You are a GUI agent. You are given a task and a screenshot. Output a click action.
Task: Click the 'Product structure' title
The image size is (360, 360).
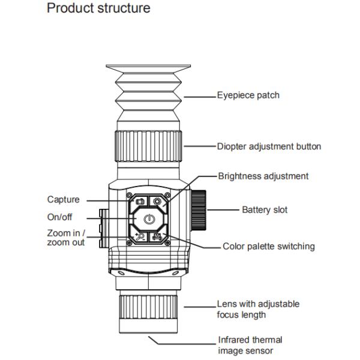coord(98,8)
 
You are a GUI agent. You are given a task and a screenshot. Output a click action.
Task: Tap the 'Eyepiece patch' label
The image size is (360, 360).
coord(248,95)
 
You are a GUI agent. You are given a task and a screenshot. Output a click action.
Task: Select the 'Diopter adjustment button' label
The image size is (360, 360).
coord(269,146)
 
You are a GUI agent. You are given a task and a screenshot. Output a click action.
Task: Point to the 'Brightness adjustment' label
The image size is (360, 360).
coord(263,176)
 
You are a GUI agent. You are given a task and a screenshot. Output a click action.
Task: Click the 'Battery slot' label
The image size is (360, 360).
coord(265,210)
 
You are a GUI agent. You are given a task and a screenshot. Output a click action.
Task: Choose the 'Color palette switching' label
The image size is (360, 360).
coord(269,246)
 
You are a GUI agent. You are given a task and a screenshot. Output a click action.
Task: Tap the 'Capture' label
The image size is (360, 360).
coord(64,199)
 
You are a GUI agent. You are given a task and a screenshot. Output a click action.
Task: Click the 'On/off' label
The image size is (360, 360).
coord(59,217)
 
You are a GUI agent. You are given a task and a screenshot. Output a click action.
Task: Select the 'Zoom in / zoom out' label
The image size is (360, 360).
coord(66,238)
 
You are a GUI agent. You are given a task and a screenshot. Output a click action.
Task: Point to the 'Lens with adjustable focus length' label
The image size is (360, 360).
coord(258,309)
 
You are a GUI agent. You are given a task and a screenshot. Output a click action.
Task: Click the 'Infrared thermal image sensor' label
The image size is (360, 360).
coord(250,345)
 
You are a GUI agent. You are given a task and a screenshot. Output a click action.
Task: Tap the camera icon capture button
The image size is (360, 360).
coord(140,202)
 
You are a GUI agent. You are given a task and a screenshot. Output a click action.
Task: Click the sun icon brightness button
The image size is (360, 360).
coord(157,202)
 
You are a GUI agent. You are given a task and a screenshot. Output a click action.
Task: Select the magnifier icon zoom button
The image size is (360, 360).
coord(140,236)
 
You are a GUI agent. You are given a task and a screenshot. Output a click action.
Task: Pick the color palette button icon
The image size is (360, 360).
coord(157,237)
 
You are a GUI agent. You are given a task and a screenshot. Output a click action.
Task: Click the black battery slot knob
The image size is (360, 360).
coord(199,210)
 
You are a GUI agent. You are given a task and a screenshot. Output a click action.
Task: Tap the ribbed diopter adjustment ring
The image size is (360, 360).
coord(148,146)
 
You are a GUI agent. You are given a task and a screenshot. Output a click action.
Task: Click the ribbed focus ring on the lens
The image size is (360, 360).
coord(148,307)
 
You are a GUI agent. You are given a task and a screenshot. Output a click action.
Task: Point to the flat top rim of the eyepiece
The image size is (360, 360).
coord(148,67)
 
